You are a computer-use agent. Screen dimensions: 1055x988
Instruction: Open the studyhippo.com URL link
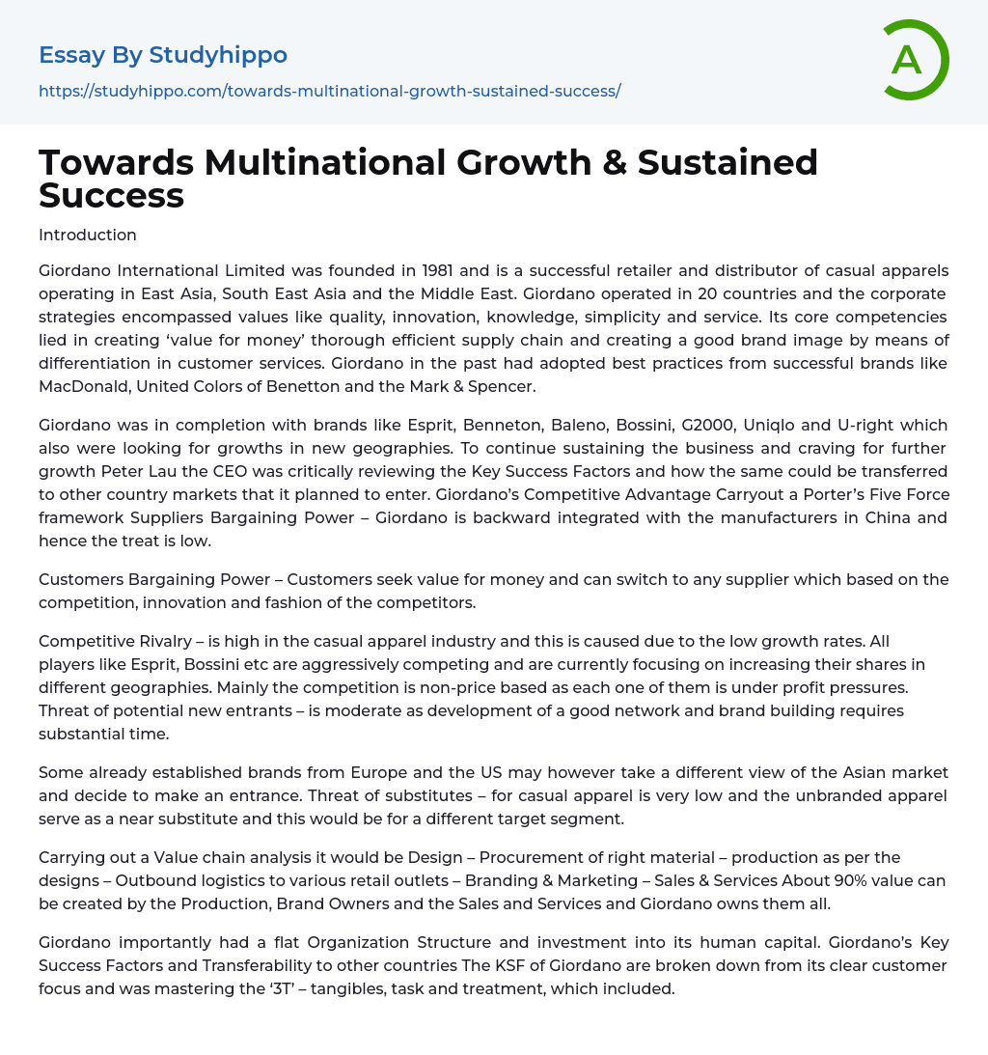(x=329, y=91)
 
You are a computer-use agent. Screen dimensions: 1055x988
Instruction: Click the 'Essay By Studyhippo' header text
(x=163, y=55)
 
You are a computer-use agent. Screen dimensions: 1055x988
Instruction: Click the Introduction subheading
(x=88, y=235)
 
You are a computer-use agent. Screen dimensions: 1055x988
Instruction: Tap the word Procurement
(x=534, y=857)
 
